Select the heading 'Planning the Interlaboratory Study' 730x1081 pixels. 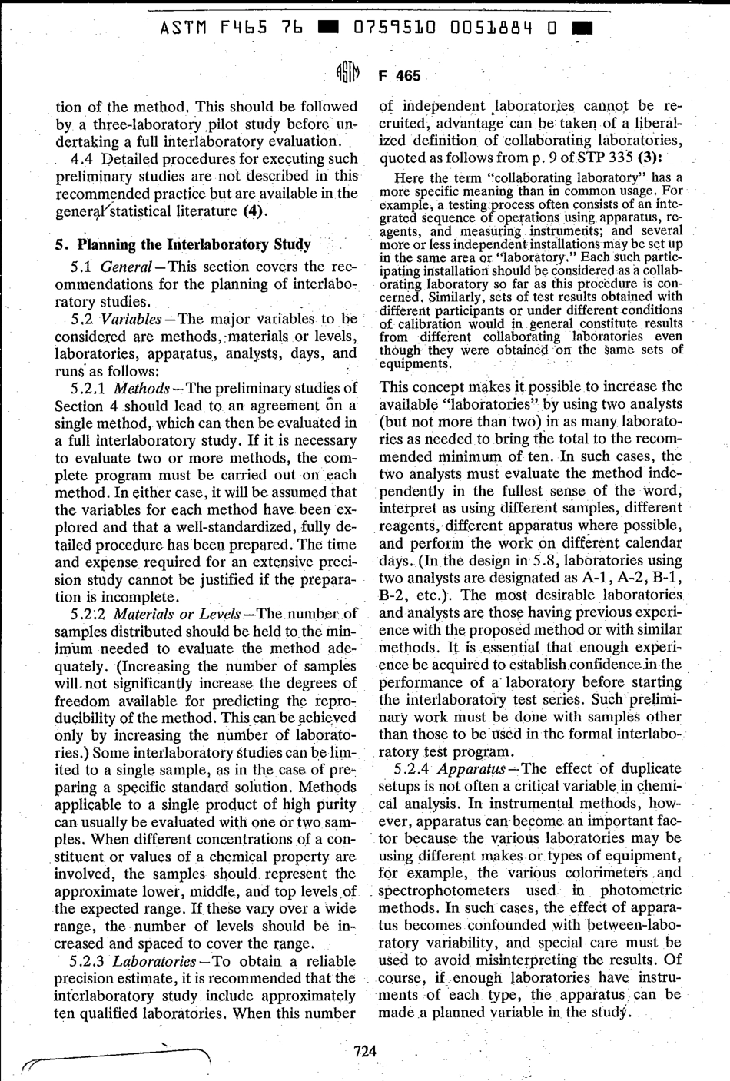pos(191,244)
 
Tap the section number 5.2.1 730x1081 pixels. pos(88,388)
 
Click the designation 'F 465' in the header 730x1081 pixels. pos(400,75)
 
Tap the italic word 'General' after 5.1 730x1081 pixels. pos(127,267)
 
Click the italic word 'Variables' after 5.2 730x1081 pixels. pos(130,319)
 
